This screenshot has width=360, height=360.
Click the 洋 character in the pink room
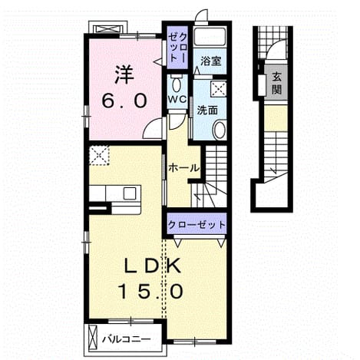click(124, 74)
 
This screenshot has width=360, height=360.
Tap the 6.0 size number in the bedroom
click(124, 101)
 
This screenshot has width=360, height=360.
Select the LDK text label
click(153, 266)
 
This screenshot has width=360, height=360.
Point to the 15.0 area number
click(150, 292)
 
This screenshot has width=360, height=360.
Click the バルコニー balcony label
click(126, 340)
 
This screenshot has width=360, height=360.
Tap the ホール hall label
click(183, 168)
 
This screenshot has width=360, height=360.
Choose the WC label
click(177, 99)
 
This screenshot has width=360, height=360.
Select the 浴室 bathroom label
click(210, 61)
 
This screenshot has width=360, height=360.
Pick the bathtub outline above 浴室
click(210, 37)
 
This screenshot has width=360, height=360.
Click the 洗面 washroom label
click(207, 111)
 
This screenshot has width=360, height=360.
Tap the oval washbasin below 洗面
click(219, 130)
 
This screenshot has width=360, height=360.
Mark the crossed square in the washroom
click(218, 89)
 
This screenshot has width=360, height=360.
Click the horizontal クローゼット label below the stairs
click(197, 225)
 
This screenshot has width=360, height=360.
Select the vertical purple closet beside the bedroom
click(177, 48)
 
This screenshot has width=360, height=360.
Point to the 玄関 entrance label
click(276, 83)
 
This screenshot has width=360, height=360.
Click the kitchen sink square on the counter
click(130, 193)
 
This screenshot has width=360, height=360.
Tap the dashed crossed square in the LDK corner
click(99, 155)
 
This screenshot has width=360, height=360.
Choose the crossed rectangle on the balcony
click(93, 338)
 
